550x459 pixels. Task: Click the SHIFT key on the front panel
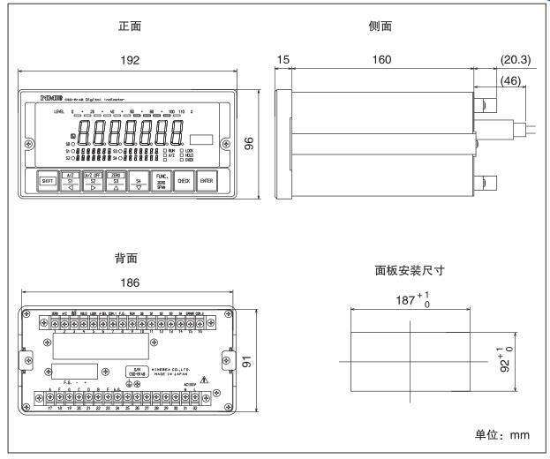click(x=49, y=180)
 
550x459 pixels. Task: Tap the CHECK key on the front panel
click(x=184, y=180)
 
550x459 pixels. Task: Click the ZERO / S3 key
click(x=116, y=180)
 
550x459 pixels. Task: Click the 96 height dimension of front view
click(x=249, y=144)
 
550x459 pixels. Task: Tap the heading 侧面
click(x=380, y=26)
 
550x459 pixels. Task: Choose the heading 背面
click(x=126, y=259)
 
